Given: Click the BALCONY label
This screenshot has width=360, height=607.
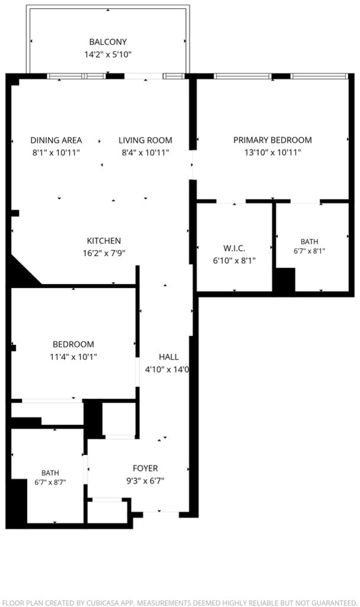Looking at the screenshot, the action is tap(108, 42).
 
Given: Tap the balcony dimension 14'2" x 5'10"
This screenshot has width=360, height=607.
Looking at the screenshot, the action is tap(108, 54).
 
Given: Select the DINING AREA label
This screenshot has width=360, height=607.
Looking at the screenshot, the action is tap(56, 140).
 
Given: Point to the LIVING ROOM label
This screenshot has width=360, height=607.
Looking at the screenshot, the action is tap(145, 140).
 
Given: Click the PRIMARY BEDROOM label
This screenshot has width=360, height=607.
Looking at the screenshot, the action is tap(272, 140).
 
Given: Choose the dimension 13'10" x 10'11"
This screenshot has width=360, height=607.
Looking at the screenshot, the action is tap(272, 152).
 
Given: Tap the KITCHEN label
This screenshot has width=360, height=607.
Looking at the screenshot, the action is tap(104, 241).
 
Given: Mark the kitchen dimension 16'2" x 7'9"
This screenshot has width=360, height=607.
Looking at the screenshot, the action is tap(104, 253).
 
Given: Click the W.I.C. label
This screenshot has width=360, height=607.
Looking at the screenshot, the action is tap(234, 248).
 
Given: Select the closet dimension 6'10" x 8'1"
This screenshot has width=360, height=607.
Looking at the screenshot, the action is tap(234, 261).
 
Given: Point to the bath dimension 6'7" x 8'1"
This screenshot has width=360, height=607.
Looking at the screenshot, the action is tap(309, 251).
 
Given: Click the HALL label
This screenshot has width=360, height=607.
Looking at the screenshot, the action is tap(168, 357).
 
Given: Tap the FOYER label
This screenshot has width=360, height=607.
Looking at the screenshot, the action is tap(145, 468).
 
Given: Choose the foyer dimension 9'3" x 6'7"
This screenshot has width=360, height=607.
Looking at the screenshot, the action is tap(145, 481).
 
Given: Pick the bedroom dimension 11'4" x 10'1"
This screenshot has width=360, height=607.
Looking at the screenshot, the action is tap(73, 356).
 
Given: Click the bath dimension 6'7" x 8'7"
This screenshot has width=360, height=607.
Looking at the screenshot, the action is tap(50, 483).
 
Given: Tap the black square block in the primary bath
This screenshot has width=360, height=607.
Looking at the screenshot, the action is tap(285, 280).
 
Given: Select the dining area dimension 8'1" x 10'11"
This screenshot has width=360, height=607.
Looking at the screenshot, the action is tap(56, 152).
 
